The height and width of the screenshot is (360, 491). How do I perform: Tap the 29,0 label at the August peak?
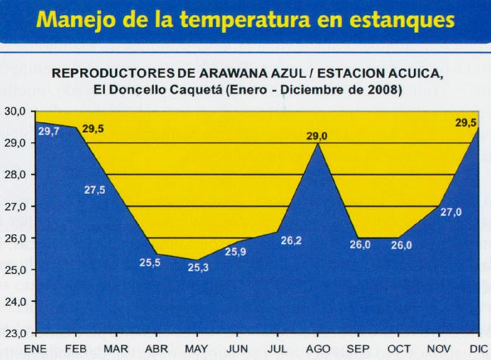point(317,136)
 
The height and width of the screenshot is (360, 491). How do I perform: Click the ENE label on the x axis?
point(36,349)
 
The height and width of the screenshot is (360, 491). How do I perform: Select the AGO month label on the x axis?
point(317,349)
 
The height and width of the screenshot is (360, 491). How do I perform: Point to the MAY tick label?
point(196,349)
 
